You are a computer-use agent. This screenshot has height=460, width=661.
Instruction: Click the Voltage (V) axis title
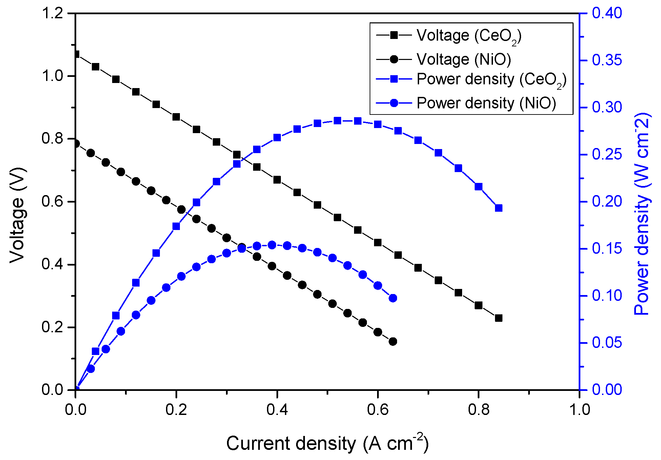click(17, 215)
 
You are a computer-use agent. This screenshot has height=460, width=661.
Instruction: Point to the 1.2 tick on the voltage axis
click(52, 14)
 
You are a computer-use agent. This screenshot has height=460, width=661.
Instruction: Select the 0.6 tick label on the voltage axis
click(52, 202)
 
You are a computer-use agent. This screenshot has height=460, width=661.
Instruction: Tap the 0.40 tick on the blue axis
click(607, 13)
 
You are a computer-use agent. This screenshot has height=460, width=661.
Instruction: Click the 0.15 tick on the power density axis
click(607, 249)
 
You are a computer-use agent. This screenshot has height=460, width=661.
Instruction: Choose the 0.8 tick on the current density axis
click(478, 410)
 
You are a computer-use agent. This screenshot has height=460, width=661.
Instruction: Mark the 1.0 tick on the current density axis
click(579, 410)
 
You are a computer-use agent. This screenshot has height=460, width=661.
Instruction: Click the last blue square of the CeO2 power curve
click(498, 208)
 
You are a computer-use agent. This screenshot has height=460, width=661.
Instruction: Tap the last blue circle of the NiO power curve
click(393, 298)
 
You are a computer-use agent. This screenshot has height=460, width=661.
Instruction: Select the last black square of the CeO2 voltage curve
click(498, 318)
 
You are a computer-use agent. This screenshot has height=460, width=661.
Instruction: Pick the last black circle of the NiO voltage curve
click(393, 341)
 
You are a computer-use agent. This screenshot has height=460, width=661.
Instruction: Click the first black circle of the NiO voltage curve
click(76, 144)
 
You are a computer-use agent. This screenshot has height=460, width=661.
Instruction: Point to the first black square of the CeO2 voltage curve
click(76, 54)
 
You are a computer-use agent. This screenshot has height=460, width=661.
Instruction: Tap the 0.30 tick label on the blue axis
click(607, 107)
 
